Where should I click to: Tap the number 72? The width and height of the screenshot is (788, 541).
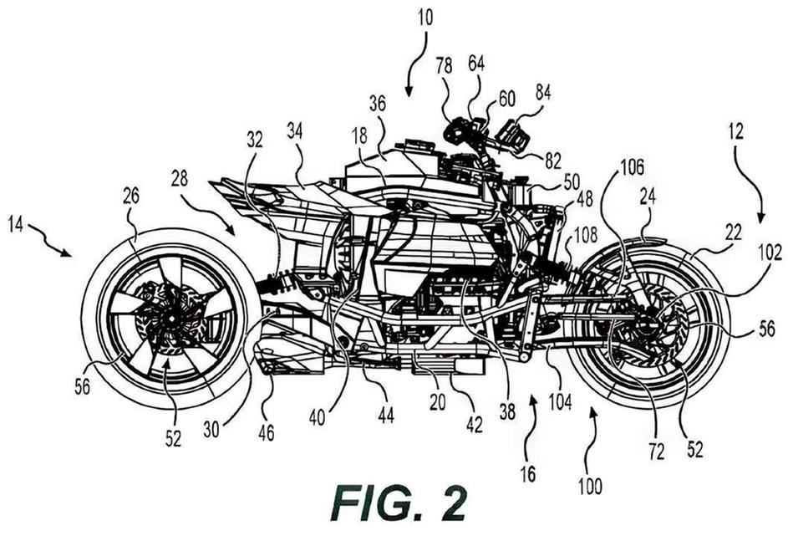click(x=655, y=452)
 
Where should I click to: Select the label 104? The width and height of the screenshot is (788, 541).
click(x=559, y=402)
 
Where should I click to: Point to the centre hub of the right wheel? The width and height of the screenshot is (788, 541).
click(x=649, y=329)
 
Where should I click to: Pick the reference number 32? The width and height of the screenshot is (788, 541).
click(x=254, y=140)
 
